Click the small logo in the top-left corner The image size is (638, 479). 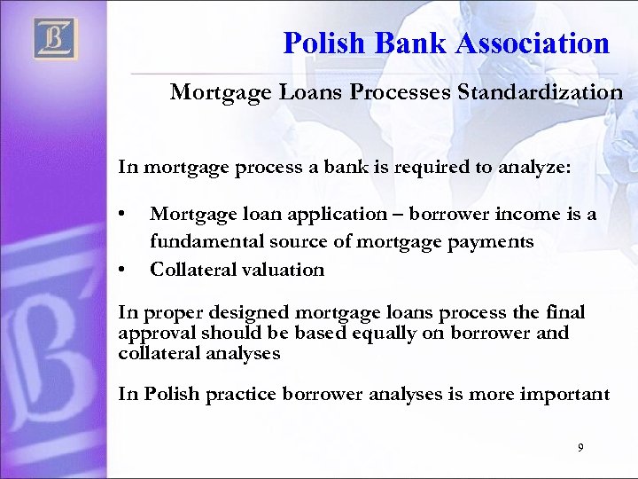[x=56, y=39]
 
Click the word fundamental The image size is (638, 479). [x=199, y=241]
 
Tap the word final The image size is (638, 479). [x=567, y=314]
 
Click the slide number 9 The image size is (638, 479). [x=580, y=449]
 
